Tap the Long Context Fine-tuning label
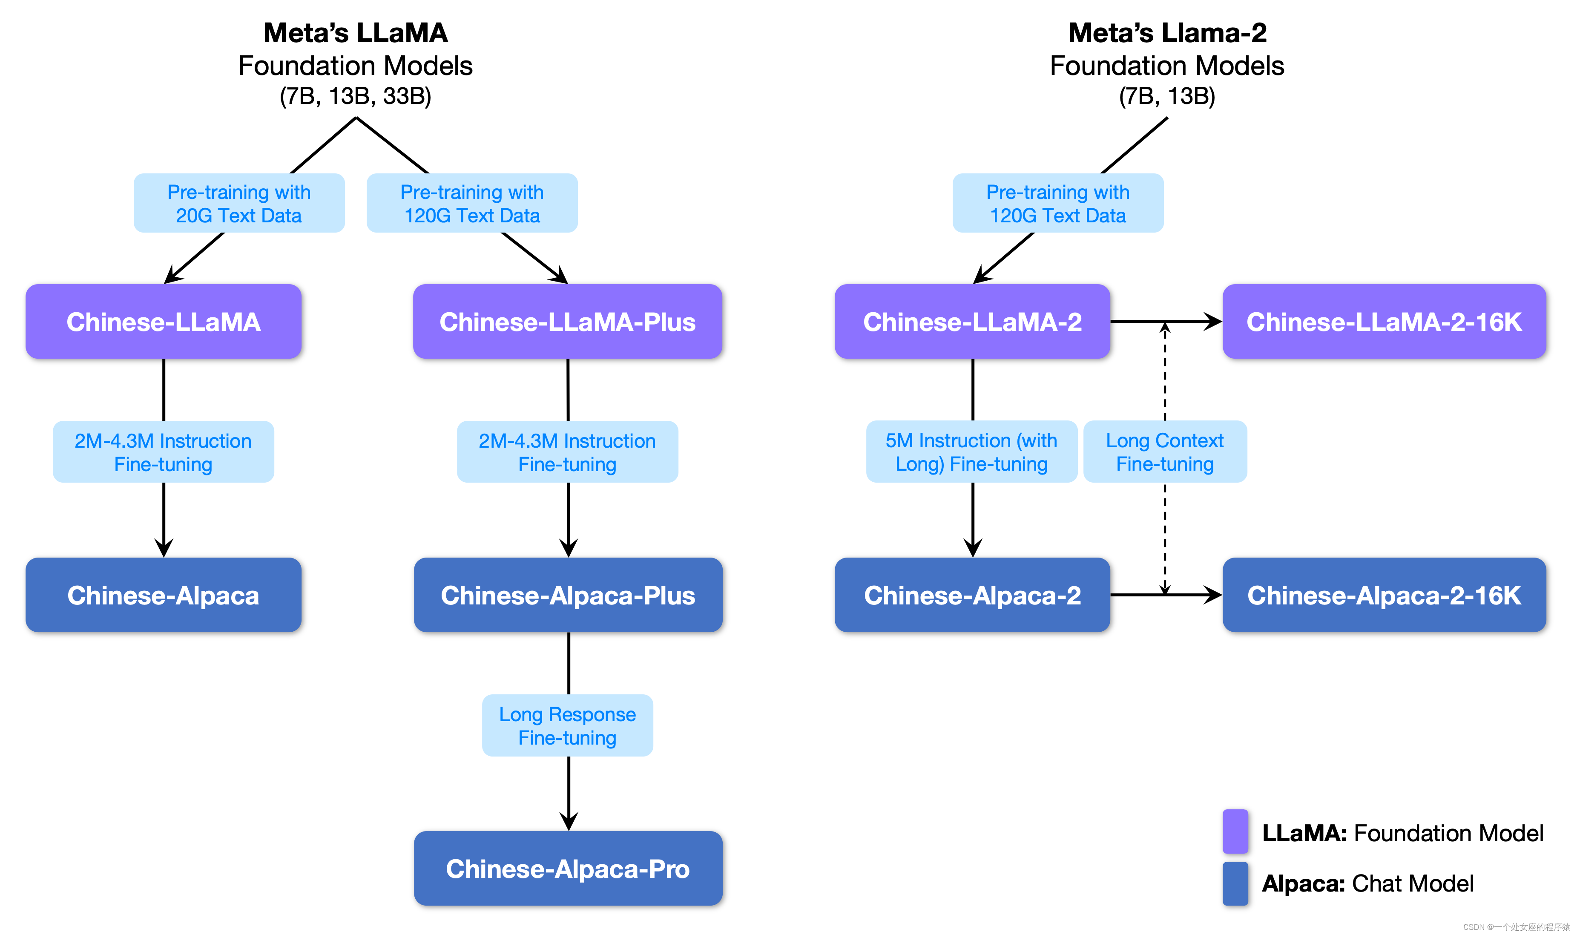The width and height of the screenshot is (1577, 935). point(1164,452)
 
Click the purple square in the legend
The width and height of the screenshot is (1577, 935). point(1235,831)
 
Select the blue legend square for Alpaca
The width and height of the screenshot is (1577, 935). point(1235,883)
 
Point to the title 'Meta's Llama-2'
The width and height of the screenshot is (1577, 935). point(1167,33)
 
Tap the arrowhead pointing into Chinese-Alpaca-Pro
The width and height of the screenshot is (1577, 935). point(569,821)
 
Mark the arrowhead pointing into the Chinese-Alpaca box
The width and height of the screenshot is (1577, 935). point(164,547)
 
